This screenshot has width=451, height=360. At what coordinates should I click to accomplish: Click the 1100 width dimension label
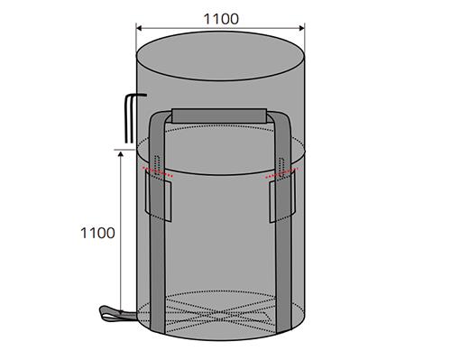click(x=221, y=19)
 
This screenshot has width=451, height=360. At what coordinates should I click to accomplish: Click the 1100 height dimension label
click(x=97, y=233)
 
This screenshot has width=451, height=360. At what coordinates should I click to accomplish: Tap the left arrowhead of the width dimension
click(x=139, y=28)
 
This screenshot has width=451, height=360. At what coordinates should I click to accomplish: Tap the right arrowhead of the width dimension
click(x=302, y=28)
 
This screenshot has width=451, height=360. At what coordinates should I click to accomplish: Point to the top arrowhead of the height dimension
click(x=121, y=154)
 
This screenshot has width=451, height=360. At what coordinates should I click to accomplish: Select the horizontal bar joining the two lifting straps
click(x=219, y=116)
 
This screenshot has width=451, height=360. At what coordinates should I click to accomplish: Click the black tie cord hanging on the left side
click(x=129, y=118)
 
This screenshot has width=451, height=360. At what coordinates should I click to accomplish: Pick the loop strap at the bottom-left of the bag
click(x=117, y=314)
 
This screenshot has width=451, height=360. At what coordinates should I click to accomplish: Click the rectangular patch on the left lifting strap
click(x=158, y=196)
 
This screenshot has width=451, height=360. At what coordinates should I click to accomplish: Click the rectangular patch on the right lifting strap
click(x=282, y=197)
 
